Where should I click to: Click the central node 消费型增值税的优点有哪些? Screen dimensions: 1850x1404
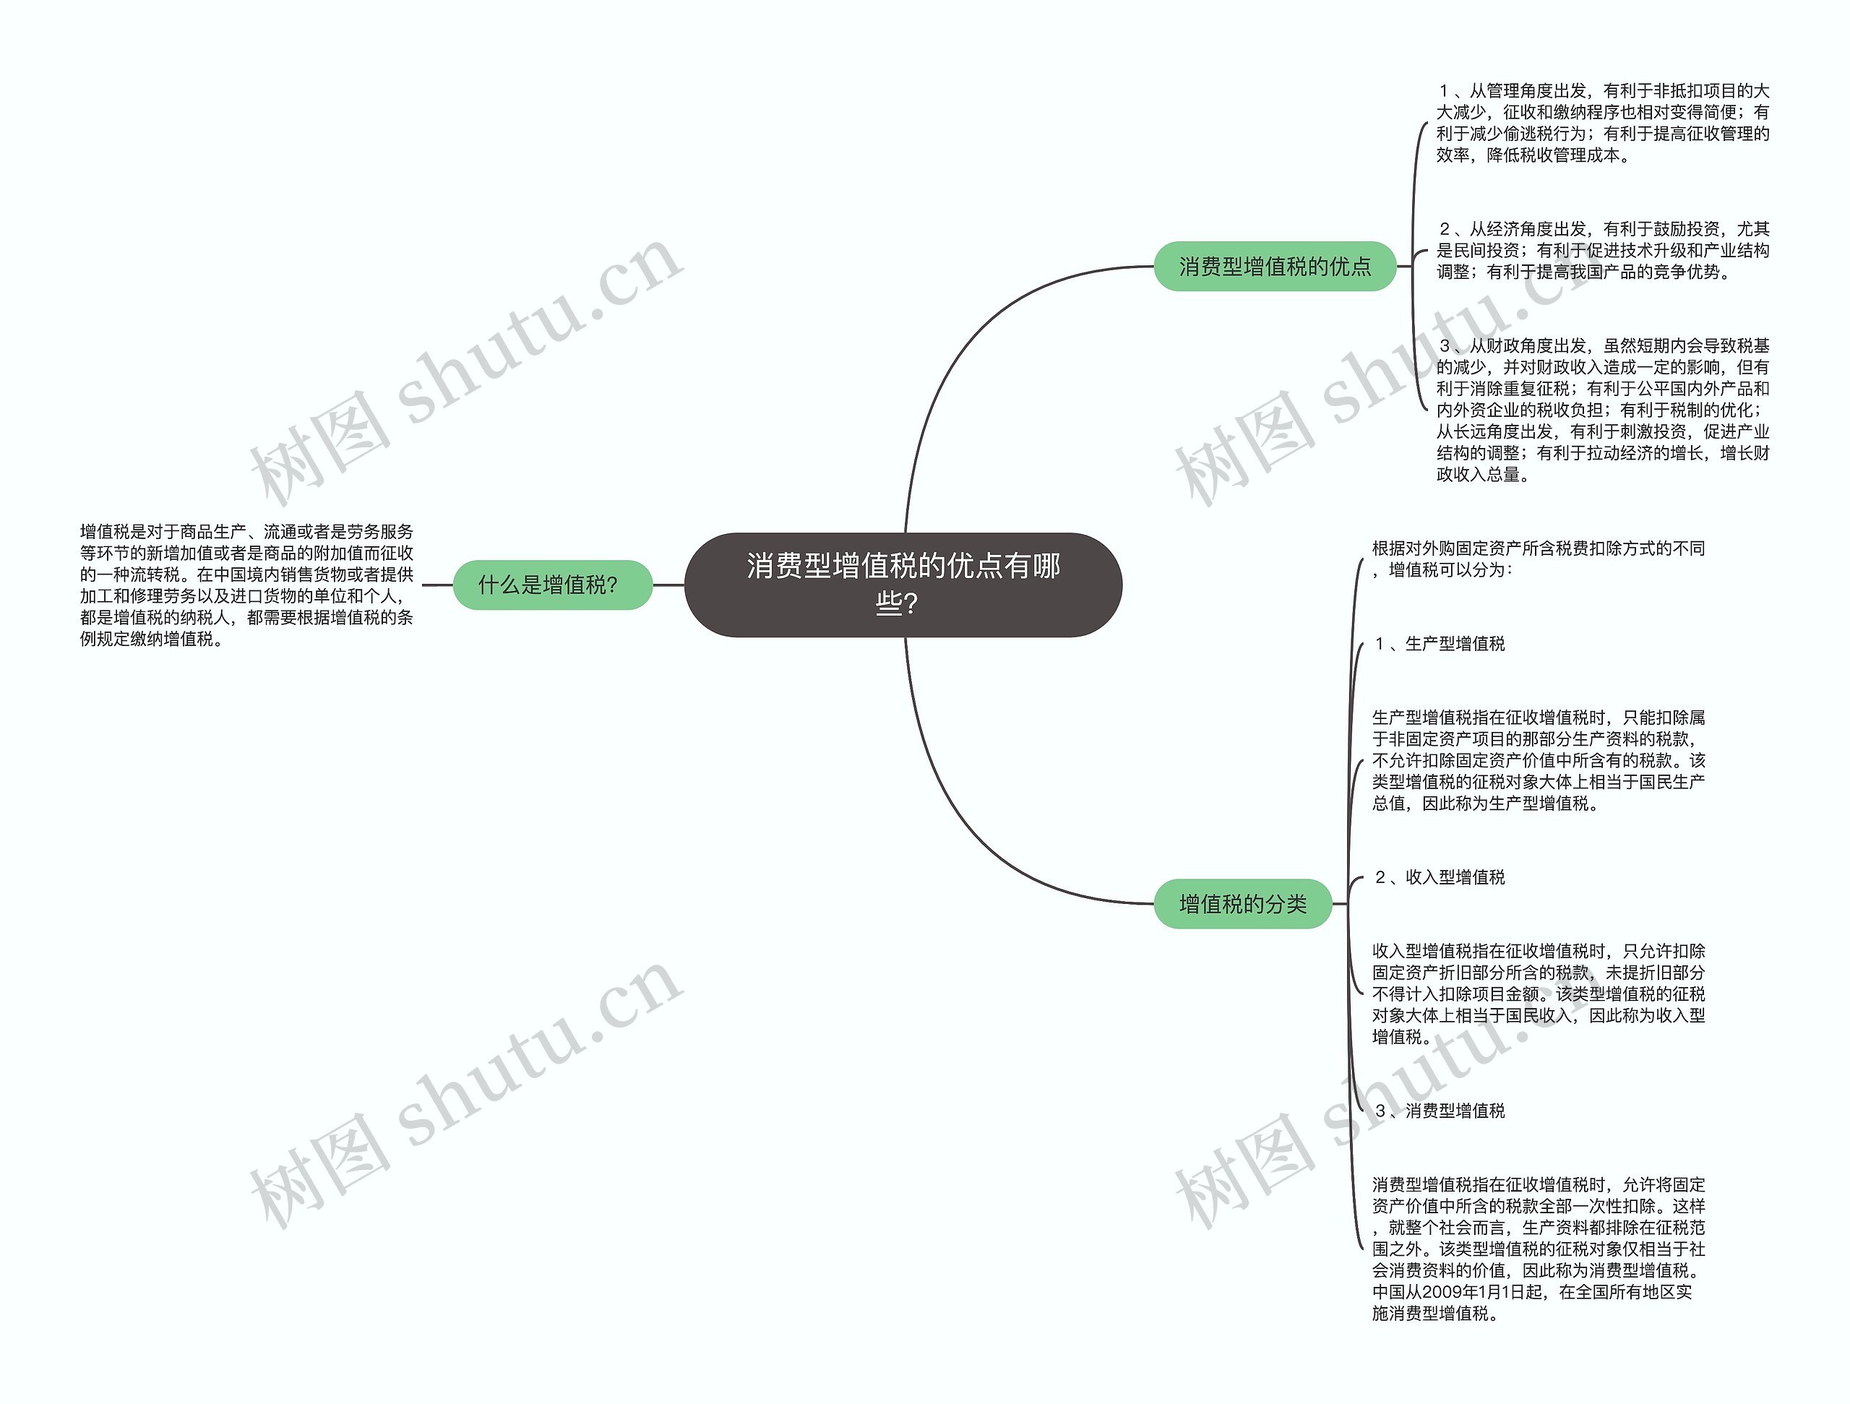pos(903,585)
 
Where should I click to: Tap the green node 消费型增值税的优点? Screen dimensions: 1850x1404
pos(1275,267)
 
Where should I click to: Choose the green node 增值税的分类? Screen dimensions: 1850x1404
pos(1242,904)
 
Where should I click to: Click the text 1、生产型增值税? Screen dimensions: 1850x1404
pos(1440,644)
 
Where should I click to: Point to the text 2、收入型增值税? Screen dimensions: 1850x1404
pos(1440,877)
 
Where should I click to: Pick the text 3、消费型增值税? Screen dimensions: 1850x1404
pos(1440,1111)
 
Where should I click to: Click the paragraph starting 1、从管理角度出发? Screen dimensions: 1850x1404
pos(1602,123)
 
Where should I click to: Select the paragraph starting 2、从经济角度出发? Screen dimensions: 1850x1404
pos(1602,250)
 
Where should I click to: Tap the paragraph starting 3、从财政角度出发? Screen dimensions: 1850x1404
pos(1602,410)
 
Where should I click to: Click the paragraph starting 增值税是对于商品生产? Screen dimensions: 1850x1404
pos(246,585)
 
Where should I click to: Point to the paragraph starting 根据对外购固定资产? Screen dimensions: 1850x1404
pos(1537,559)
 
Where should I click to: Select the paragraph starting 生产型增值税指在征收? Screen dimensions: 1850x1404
pos(1537,760)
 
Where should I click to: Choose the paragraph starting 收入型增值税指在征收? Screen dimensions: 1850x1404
pos(1537,994)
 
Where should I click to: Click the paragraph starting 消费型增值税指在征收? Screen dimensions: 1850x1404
pos(1537,1249)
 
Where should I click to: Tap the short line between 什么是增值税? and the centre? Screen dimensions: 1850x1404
pos(668,585)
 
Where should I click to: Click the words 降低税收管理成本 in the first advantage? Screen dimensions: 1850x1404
pos(1553,155)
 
